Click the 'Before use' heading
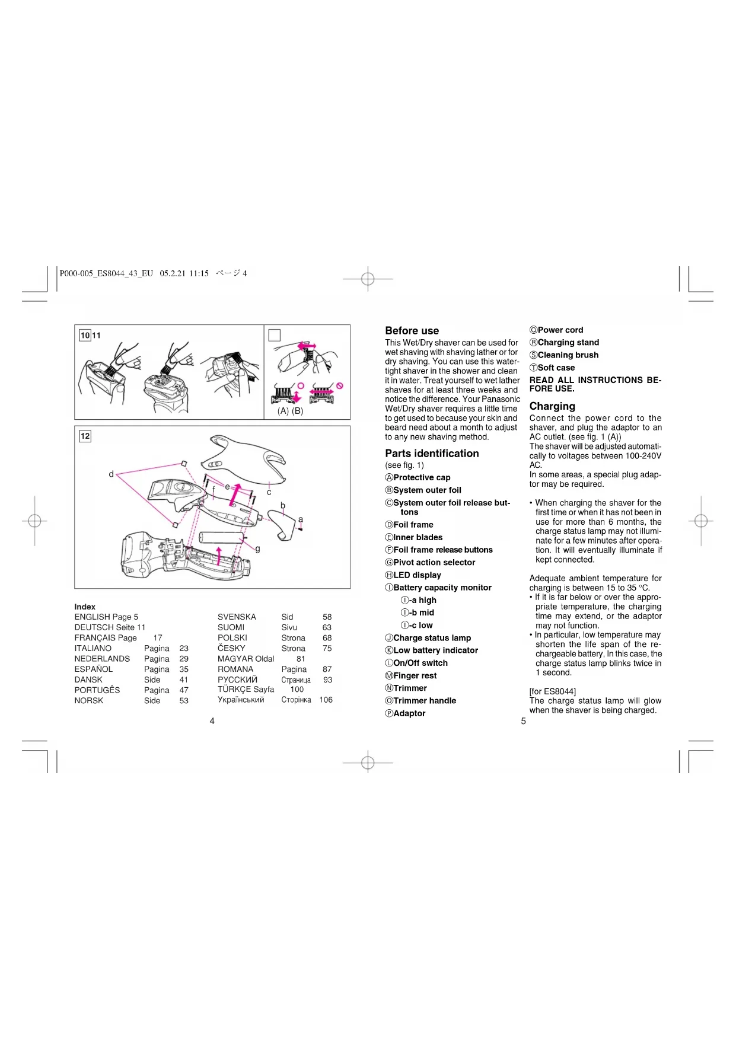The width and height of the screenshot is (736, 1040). (412, 331)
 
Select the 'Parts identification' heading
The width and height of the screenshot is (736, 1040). (432, 454)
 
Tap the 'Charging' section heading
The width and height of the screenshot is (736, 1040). (552, 406)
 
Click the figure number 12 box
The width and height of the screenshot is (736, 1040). (85, 436)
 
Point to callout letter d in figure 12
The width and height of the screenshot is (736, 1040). (111, 474)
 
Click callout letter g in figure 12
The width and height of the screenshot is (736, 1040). (257, 549)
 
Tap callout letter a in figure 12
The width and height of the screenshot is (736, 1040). (301, 519)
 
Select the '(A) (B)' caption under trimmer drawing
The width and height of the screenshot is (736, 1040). (290, 411)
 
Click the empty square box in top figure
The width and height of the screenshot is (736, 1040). (275, 336)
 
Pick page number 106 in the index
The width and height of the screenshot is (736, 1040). (326, 700)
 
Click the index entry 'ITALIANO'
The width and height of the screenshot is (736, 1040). (93, 649)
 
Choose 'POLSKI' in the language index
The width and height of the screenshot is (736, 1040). (232, 638)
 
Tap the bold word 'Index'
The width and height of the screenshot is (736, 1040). (85, 607)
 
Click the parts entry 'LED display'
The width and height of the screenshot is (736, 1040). (417, 575)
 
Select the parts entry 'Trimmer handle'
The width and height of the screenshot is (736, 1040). (425, 701)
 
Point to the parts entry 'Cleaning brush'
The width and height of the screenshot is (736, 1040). (568, 355)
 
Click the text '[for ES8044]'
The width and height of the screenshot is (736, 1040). (552, 691)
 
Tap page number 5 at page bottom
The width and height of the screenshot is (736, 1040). (523, 721)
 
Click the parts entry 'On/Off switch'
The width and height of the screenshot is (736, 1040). (420, 663)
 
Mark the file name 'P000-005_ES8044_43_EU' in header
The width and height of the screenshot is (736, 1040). (106, 273)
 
